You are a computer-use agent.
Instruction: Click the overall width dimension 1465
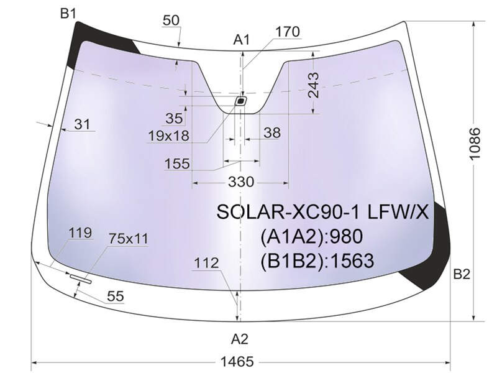point(237,361)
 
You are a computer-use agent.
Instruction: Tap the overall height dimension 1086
point(475,144)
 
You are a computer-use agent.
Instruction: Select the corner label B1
point(68,13)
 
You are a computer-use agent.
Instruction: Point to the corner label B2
point(462,274)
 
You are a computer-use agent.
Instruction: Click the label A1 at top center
point(242,40)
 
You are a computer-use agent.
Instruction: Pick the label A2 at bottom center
point(240,339)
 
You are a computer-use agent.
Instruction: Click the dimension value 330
point(241,182)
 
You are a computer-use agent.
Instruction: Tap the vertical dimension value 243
point(314,85)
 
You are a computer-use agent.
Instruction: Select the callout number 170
point(287,32)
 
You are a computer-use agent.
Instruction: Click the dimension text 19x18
point(168,136)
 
